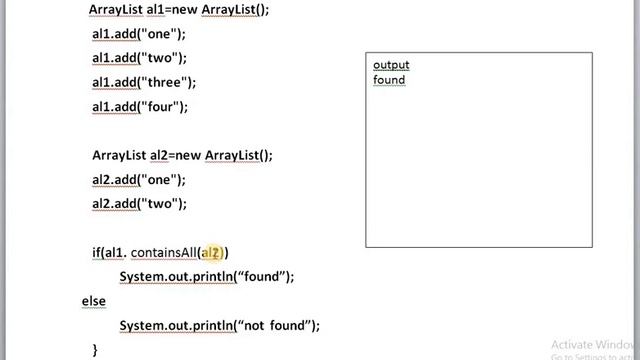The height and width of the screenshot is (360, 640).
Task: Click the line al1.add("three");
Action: pos(144,82)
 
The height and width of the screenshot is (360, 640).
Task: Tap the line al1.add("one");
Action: pos(139,33)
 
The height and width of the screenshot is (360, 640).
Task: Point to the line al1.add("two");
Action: pos(139,58)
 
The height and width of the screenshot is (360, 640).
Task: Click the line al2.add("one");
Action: pos(139,180)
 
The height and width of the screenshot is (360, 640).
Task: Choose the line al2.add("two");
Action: pos(139,204)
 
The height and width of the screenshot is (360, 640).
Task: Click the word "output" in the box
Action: pos(391,65)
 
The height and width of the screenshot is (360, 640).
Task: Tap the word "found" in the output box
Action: pos(389,80)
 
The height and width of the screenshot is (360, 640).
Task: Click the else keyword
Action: pos(93,300)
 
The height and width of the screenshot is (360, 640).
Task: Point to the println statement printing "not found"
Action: pos(219,326)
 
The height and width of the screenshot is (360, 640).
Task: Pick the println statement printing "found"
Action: pos(207,277)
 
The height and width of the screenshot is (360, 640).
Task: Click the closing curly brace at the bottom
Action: pos(95,349)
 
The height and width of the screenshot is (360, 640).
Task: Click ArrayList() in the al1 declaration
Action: pos(236,9)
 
